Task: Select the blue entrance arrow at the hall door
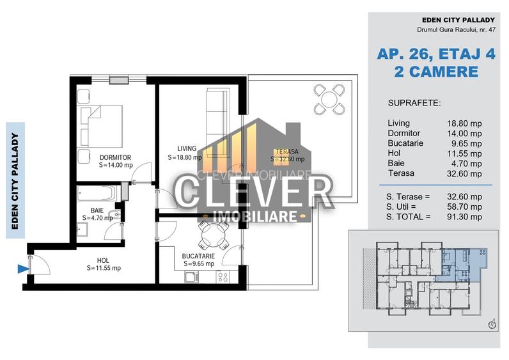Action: click(24, 269)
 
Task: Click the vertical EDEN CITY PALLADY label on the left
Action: click(15, 180)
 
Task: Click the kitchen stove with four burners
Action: click(223, 277)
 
